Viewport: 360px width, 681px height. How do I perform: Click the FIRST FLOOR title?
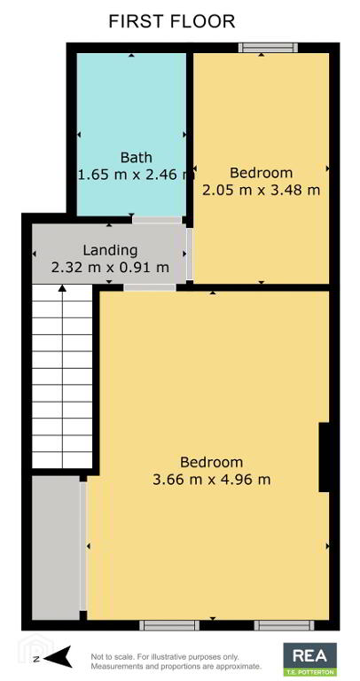[x=171, y=21]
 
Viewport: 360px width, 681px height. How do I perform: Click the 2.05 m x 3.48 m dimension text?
[x=261, y=190]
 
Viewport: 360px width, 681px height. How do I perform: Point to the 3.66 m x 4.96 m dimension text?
[x=212, y=480]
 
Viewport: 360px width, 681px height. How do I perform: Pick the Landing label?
[x=110, y=250]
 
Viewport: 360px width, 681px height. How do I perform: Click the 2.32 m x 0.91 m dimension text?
[x=110, y=268]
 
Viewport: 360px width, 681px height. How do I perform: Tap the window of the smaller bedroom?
[x=268, y=47]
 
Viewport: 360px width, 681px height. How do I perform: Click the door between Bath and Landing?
[x=157, y=220]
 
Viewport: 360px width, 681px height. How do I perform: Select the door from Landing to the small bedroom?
[x=190, y=254]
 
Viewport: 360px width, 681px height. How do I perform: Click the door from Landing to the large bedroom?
[x=150, y=287]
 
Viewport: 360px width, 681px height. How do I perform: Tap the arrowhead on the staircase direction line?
[x=63, y=288]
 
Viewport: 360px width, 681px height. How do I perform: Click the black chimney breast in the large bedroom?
[x=324, y=457]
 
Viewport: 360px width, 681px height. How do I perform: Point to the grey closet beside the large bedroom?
[x=56, y=548]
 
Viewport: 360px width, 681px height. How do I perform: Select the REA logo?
[x=309, y=659]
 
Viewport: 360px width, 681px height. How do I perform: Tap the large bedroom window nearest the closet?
[x=169, y=625]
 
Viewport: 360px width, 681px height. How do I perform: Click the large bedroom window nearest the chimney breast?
[x=284, y=625]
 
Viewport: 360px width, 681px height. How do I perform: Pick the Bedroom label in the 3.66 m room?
[x=212, y=462]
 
